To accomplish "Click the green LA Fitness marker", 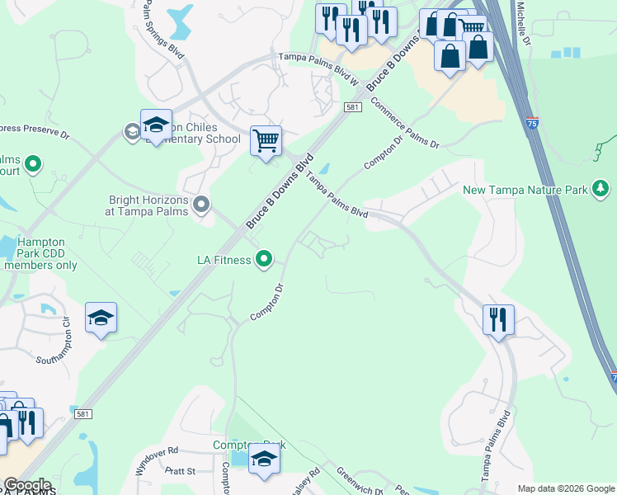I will [264, 260].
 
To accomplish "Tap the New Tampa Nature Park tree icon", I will [601, 191].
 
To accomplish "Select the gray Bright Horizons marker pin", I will [201, 204].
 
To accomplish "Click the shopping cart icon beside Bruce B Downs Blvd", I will [266, 141].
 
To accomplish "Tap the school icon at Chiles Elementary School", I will [156, 125].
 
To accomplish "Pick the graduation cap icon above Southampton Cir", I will [101, 318].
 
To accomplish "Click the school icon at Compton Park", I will [264, 459].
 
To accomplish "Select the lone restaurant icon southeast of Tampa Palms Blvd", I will [498, 320].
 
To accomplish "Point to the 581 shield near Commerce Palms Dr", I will [353, 107].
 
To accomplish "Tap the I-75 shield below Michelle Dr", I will [532, 124].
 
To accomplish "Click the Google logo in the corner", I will [26, 485].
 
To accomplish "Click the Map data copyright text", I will [566, 488].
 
